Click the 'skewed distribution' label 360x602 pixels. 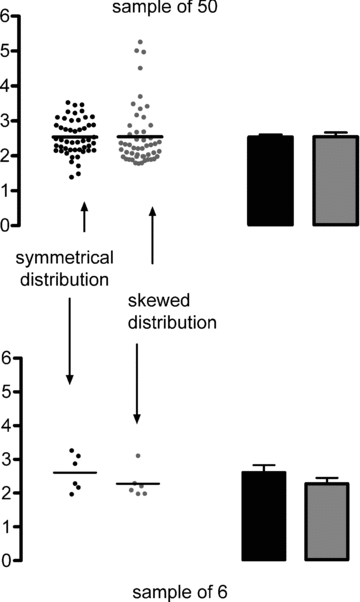[173, 313]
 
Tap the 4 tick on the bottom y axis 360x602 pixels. [6, 425]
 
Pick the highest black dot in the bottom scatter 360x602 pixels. [71, 451]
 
